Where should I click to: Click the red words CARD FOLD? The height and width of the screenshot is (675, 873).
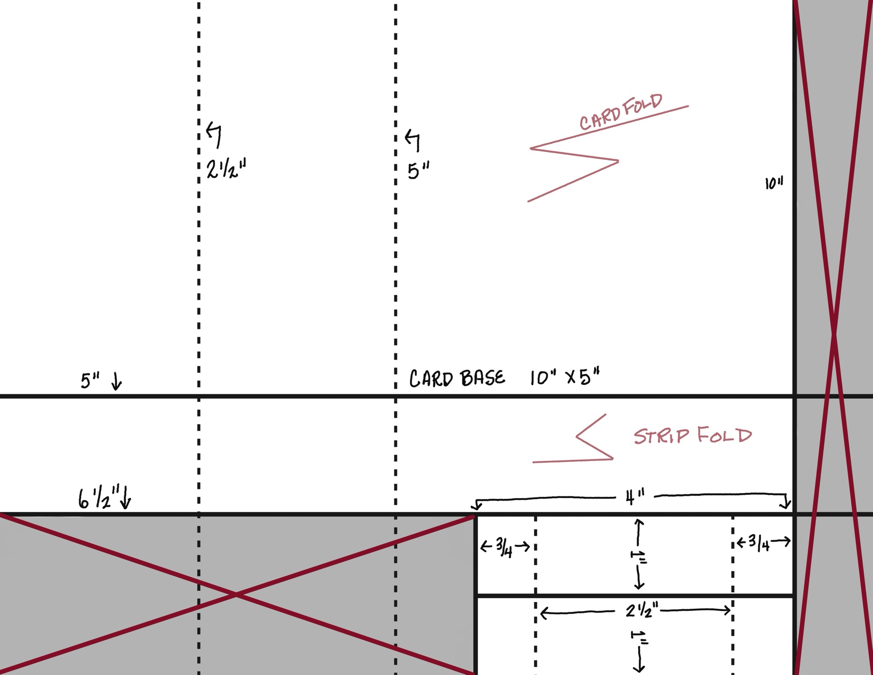621,112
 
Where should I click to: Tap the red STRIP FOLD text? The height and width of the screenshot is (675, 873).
693,436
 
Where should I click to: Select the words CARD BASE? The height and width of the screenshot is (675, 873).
457,378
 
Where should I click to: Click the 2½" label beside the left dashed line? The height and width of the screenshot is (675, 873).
226,169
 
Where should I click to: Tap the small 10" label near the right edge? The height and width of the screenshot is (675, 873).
774,183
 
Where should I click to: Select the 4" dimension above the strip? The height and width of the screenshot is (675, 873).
635,497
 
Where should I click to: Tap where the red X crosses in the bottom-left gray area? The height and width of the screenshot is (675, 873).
236,595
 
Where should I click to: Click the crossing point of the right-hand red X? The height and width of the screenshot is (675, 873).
834,334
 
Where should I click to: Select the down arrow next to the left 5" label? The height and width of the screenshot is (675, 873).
117,381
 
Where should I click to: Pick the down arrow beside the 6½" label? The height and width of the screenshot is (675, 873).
126,498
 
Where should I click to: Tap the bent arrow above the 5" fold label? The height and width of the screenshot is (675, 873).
412,139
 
